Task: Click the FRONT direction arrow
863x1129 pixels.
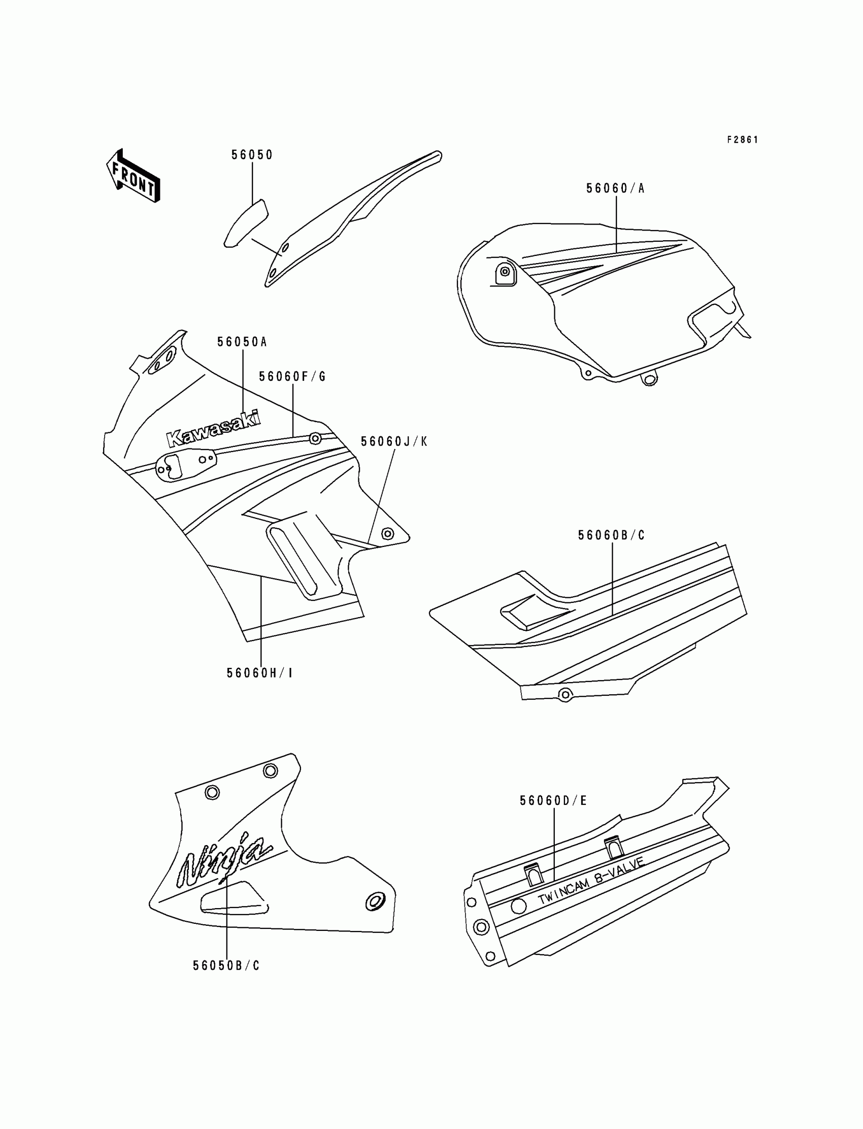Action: coord(132,175)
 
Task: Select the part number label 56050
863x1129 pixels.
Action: coord(252,155)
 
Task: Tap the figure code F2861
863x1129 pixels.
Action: coord(742,140)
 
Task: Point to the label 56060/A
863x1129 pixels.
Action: coord(615,188)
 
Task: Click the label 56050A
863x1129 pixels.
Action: coord(242,342)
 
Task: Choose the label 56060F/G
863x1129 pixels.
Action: coord(292,377)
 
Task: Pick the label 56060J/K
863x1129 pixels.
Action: coord(394,441)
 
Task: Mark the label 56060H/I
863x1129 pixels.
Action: coord(260,673)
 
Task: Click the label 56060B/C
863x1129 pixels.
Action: coord(611,535)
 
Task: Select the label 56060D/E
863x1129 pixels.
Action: coord(553,800)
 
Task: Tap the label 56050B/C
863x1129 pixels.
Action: coord(226,966)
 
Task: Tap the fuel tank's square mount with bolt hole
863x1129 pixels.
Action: coord(505,272)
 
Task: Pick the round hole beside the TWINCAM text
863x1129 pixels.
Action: coord(519,906)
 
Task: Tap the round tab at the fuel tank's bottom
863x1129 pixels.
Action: coord(650,380)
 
